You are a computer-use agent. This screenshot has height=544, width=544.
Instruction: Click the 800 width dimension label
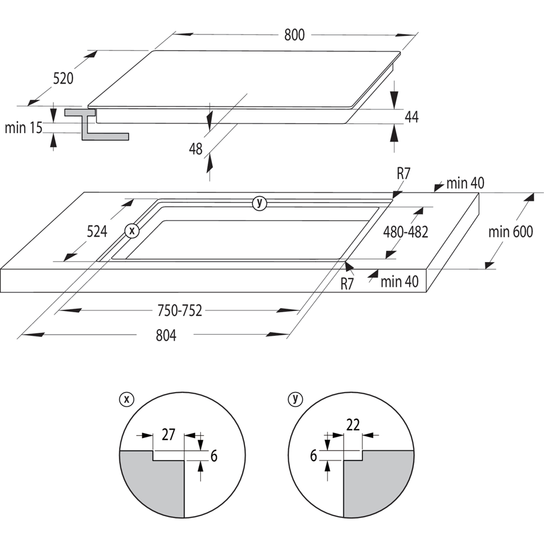tap(294, 35)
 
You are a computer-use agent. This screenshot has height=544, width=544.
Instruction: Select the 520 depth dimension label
tap(63, 79)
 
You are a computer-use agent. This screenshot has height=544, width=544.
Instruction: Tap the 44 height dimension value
tap(411, 117)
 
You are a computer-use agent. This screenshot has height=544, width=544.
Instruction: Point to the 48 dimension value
tap(195, 149)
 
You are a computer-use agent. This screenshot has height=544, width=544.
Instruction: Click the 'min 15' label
tap(23, 128)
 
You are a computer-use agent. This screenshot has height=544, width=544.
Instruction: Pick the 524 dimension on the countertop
tap(97, 231)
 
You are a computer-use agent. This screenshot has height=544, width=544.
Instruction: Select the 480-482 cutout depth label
tap(405, 232)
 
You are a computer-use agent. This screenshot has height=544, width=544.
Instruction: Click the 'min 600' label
tap(510, 232)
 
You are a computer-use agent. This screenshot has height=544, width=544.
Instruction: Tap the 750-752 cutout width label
tap(179, 310)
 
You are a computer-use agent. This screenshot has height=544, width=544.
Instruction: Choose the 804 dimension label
tap(166, 335)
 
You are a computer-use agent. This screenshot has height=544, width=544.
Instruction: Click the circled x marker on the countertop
tap(132, 231)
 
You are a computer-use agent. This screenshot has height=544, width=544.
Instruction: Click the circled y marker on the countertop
tap(260, 203)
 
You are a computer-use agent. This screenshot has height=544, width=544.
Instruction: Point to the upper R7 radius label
tap(404, 174)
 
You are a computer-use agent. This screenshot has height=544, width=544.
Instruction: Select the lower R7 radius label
tap(347, 284)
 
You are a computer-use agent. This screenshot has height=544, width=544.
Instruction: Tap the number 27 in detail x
tap(168, 434)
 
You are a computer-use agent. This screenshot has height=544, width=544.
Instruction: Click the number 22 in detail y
tap(353, 425)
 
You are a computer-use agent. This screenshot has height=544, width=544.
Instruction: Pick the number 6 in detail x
tap(214, 456)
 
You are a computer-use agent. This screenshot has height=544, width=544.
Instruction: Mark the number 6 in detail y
tap(313, 456)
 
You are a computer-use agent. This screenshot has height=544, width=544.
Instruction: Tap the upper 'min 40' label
tap(465, 183)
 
